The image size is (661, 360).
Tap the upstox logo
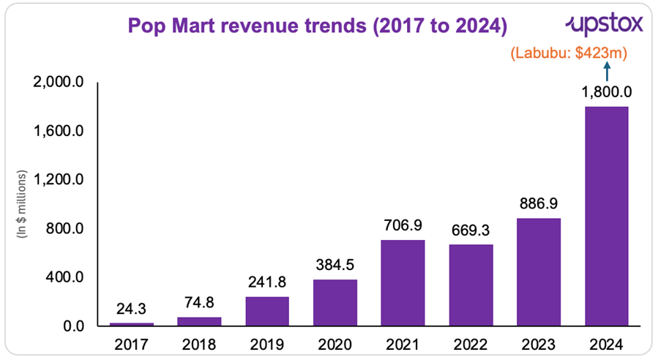coord(604,25)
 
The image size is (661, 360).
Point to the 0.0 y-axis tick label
coord(76,326)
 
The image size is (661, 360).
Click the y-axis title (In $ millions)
coord(23,204)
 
